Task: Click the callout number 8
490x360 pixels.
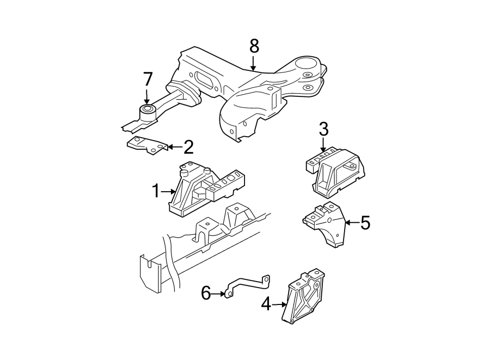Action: tap(254, 46)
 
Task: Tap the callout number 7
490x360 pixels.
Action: tap(148, 80)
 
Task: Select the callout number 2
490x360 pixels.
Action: tap(188, 147)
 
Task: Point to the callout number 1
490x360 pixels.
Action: tap(156, 191)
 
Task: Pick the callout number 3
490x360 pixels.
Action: tap(323, 130)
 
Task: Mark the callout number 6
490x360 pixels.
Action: tap(206, 294)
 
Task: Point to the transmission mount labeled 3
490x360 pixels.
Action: tap(338, 172)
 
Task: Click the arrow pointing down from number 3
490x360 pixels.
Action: tap(323, 145)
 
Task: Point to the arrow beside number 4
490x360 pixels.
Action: tap(279, 304)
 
